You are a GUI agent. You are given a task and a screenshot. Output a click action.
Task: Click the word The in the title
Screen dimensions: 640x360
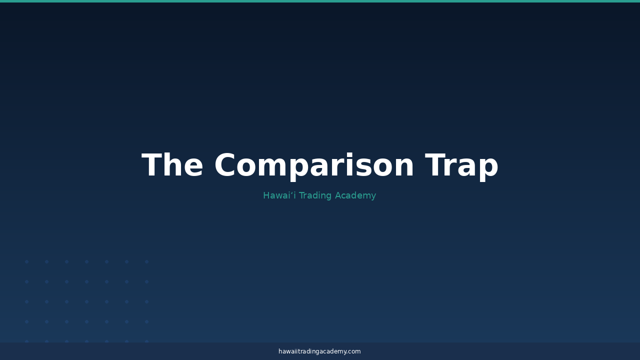pos(172,165)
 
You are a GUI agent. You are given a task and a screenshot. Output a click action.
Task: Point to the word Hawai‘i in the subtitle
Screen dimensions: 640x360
pos(279,195)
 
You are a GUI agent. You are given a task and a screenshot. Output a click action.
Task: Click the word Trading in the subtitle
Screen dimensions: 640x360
pos(315,196)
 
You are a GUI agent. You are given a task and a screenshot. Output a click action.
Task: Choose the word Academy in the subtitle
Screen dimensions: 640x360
pos(355,196)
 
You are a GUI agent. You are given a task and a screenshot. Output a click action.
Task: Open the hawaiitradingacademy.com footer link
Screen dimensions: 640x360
pos(319,351)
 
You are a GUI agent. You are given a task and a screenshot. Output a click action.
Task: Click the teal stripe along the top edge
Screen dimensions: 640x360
pos(320,1)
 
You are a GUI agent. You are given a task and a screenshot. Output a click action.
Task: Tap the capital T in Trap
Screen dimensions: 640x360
pos(435,165)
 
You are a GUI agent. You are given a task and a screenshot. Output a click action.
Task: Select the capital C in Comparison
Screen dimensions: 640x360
pos(225,165)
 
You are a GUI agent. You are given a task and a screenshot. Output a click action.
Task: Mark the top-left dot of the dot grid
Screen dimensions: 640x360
pos(27,261)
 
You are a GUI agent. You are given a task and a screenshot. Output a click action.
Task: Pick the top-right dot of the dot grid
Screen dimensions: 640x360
pos(147,261)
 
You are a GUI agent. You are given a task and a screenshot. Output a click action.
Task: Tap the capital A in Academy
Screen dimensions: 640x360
pos(338,195)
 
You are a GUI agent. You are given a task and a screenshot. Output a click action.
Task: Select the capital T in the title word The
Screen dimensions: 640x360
pos(152,165)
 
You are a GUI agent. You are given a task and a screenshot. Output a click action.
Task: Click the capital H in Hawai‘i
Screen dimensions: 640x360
pos(266,195)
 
